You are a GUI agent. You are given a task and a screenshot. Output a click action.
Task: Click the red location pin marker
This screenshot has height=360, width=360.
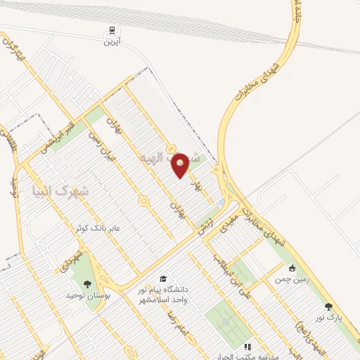180,164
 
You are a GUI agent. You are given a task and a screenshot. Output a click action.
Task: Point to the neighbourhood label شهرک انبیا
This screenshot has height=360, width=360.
61,191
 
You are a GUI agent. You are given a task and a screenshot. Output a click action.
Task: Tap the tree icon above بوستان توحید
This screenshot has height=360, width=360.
87,284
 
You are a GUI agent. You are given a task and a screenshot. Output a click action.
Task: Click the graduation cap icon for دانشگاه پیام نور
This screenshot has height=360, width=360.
164,279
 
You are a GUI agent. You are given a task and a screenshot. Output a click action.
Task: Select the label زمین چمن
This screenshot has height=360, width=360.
293,279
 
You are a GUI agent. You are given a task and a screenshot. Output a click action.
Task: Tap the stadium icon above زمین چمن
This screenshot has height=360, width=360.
292,268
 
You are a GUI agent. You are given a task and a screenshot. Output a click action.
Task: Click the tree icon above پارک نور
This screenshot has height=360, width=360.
328,307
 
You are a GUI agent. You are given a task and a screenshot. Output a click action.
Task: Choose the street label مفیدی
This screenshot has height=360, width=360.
229,224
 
